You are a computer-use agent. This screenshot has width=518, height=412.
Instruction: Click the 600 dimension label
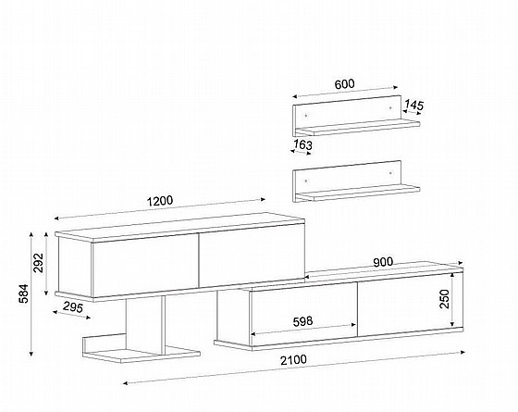[344, 84]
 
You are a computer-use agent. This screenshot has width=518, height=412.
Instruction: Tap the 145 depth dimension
[414, 106]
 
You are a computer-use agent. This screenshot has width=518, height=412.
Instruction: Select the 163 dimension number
[303, 144]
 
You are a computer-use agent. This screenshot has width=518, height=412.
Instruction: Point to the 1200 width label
[159, 201]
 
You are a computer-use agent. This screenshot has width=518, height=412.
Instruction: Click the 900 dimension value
[383, 262]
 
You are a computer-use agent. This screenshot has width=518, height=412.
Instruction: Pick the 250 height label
[445, 299]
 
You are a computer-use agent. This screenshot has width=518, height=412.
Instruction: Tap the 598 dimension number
[303, 321]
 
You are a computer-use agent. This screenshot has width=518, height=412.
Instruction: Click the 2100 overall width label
[293, 360]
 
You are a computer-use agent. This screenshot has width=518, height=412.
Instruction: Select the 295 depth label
[73, 307]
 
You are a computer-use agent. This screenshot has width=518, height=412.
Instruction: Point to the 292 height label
[39, 263]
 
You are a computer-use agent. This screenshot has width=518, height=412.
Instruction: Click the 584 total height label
[24, 293]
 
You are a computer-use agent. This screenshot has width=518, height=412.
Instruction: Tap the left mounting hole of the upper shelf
[306, 116]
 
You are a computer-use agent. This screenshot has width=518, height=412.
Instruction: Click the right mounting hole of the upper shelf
[391, 107]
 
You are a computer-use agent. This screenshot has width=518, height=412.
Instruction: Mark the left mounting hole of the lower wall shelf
[306, 181]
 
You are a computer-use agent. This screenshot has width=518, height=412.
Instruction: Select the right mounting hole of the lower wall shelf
[391, 172]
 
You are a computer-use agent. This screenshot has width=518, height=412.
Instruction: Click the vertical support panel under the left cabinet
[143, 322]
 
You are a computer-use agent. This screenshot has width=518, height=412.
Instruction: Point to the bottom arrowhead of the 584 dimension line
[31, 354]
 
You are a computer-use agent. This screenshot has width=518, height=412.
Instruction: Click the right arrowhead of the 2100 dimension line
[462, 353]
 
